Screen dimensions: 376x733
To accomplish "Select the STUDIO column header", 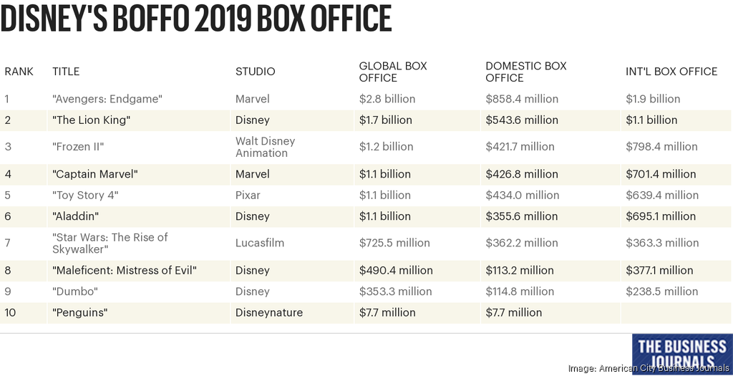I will (x=255, y=72).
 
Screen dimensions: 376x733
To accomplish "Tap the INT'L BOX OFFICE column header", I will (x=671, y=72).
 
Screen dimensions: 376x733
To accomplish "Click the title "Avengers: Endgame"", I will (x=107, y=99).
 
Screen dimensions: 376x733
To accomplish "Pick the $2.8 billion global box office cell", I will (x=387, y=99).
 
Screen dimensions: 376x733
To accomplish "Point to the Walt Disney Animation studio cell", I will (x=265, y=147).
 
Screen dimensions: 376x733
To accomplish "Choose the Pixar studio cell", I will (x=248, y=195).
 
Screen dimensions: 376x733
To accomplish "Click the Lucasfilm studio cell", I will (x=260, y=243).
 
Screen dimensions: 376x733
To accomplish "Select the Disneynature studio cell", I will (x=269, y=312).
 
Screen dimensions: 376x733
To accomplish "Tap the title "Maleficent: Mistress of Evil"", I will (x=125, y=270).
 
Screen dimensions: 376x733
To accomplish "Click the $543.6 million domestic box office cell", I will (x=521, y=120).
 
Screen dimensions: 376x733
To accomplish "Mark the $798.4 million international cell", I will (x=661, y=147).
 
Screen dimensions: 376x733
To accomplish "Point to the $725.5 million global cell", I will (x=394, y=243).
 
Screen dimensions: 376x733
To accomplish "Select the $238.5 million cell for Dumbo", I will (x=661, y=291).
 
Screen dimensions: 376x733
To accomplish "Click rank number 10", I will (x=10, y=312).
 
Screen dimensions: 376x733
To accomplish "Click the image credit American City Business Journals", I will (x=649, y=368).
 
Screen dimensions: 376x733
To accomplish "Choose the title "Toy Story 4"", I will (x=85, y=195).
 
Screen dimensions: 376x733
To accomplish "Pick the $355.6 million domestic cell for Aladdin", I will (x=521, y=216).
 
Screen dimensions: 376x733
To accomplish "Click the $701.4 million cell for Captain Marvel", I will (x=661, y=174).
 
